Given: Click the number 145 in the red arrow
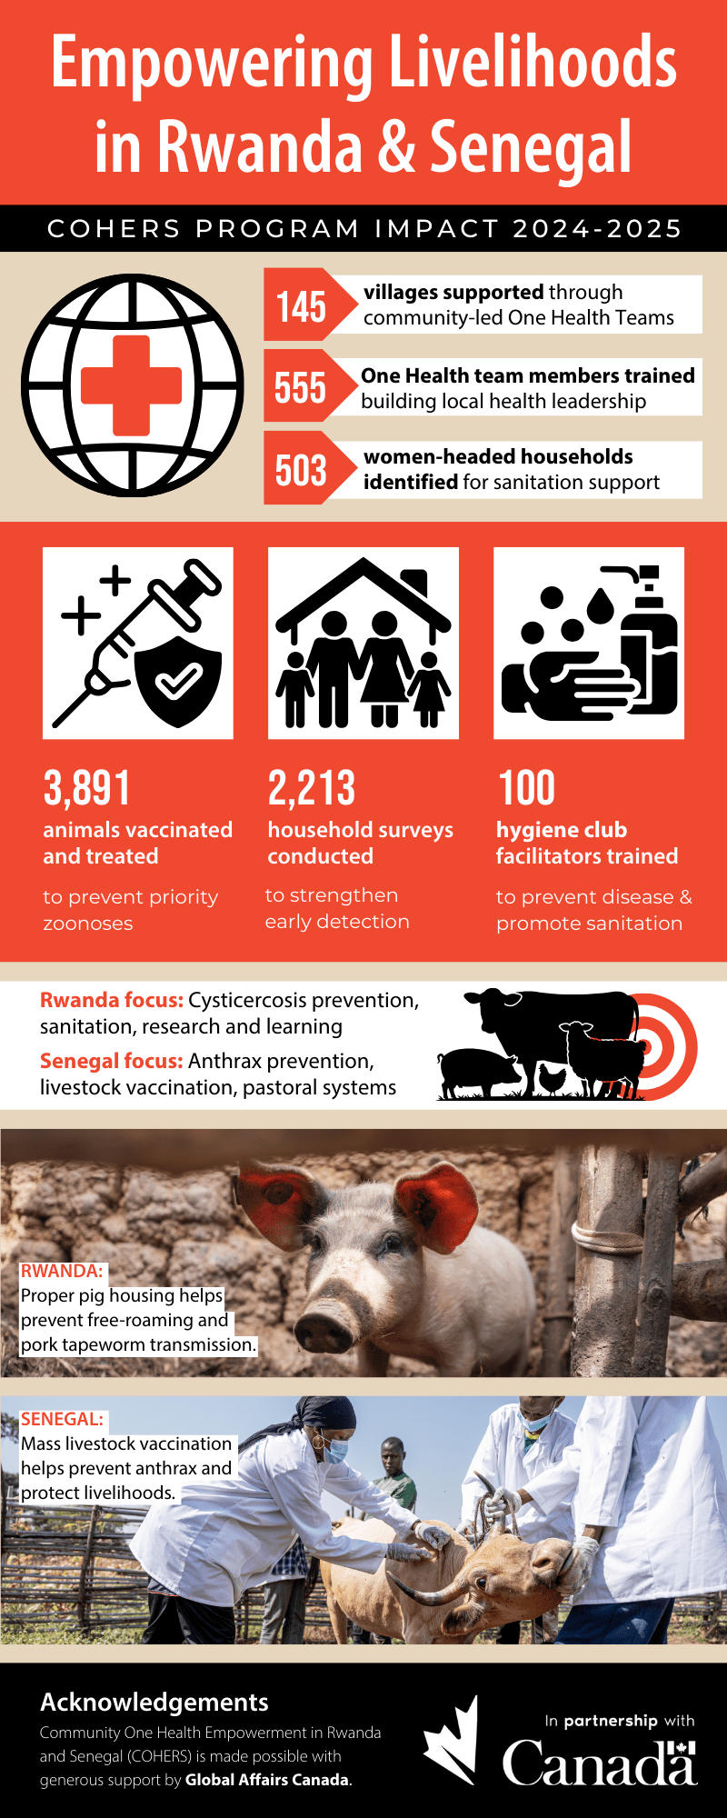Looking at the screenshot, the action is click(301, 306).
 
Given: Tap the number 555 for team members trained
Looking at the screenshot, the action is click(300, 388).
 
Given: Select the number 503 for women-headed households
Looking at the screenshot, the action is click(301, 470).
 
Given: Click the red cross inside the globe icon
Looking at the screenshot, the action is click(132, 385).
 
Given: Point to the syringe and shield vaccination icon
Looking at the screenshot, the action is click(138, 643).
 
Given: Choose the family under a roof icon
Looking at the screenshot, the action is click(363, 643).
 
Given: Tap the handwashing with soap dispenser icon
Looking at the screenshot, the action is click(589, 643).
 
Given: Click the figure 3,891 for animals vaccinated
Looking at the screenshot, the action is click(87, 788).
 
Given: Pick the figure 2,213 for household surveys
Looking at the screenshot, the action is click(312, 788).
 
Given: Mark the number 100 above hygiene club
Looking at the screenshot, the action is click(527, 788).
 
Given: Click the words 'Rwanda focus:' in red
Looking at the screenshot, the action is click(112, 1000).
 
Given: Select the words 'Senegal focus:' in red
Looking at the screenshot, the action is click(112, 1061).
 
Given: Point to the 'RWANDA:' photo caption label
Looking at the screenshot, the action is click(62, 1271).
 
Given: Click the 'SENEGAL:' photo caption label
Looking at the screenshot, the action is click(62, 1419).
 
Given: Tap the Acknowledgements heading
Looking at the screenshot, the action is click(154, 1703).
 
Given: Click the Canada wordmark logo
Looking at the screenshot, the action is click(600, 1763).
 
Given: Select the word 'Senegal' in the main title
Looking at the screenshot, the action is click(531, 147).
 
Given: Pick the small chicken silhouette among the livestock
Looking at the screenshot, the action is click(552, 1078).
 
